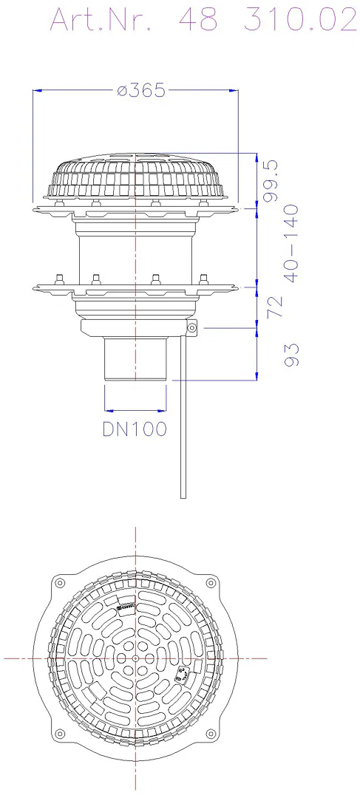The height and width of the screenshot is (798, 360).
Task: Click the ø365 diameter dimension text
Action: coord(141,91)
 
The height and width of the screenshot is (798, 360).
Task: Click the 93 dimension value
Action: coord(291,355)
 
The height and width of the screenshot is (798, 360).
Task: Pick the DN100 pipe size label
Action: coord(135,429)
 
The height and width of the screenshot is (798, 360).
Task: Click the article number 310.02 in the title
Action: coord(300,21)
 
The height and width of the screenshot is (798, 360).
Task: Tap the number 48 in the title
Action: coord(198,21)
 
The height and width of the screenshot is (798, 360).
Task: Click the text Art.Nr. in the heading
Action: coord(101,21)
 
